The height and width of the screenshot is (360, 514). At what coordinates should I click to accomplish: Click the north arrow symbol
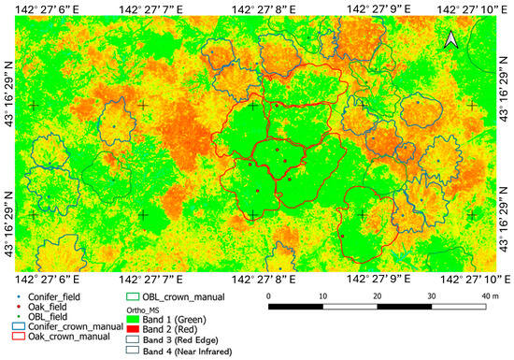(450, 38)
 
